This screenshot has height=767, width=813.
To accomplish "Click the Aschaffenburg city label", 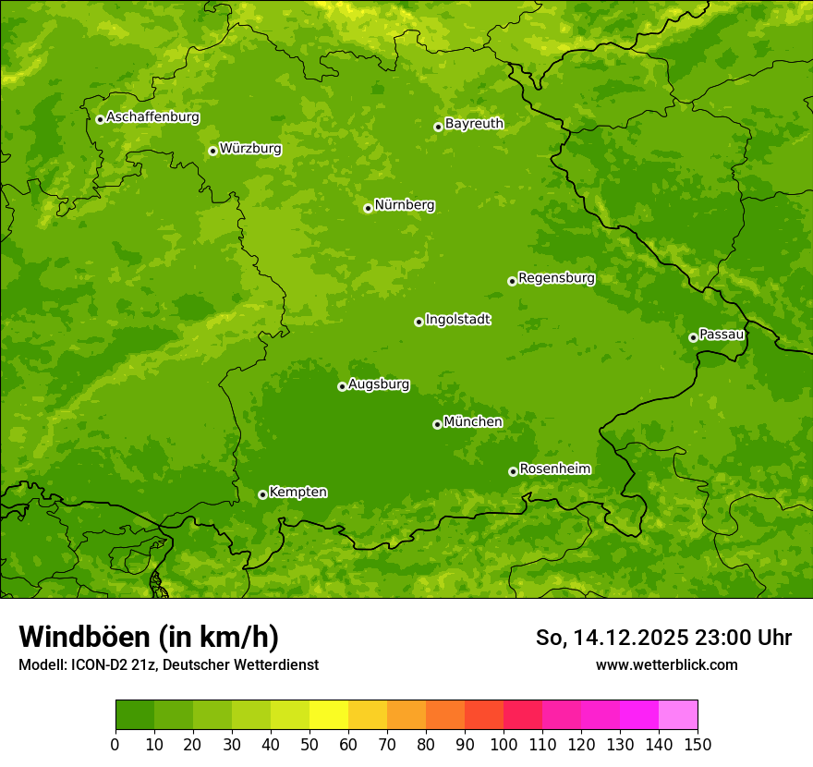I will [152, 117].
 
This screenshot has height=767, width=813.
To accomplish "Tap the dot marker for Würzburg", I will [212, 151].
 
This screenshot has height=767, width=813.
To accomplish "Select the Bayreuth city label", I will [474, 124].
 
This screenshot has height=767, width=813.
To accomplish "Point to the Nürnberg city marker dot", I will [368, 208].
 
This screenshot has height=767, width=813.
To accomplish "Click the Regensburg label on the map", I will [556, 278].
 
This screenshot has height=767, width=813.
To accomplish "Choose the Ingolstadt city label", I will [457, 320].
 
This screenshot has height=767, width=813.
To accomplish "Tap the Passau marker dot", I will [693, 337].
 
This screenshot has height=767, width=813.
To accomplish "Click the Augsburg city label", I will [379, 384].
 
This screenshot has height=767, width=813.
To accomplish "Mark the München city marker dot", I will [437, 424].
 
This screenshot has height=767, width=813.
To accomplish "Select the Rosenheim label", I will [554, 469].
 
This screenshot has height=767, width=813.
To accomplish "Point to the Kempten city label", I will [297, 493].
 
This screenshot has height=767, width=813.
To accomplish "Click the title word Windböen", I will [84, 637].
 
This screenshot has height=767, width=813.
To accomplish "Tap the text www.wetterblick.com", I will [666, 664].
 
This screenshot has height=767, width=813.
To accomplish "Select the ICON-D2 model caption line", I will [168, 665].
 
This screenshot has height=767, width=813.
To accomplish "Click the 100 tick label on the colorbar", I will [504, 744].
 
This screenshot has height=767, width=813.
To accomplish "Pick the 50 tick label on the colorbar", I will [309, 744].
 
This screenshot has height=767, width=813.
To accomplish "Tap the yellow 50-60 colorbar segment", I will [329, 715].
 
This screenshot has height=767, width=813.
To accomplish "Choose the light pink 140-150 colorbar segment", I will [678, 715].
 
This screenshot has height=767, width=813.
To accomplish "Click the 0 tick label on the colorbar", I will [115, 744].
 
